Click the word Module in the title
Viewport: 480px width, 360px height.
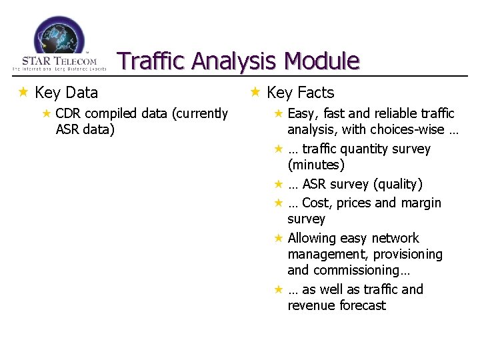[321, 61]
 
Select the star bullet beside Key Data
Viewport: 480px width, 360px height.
[23, 92]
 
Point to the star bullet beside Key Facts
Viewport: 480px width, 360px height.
[255, 92]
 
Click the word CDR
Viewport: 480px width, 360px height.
[69, 113]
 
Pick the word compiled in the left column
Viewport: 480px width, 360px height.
[112, 113]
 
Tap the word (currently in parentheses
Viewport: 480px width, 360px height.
[199, 113]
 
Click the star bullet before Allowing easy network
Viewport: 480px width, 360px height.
[279, 238]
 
